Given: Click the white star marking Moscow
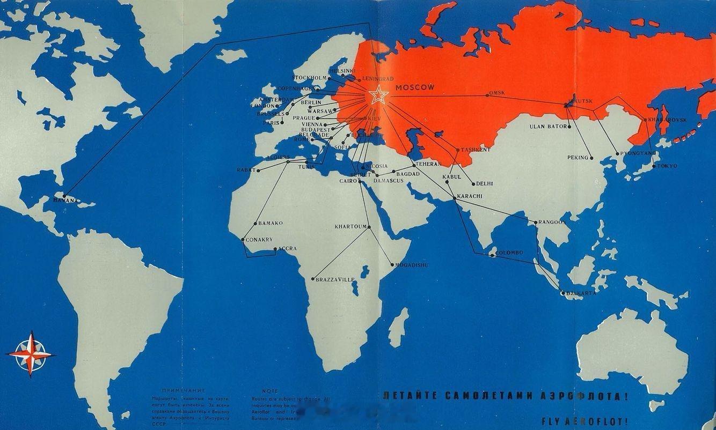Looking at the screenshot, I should click(x=378, y=95).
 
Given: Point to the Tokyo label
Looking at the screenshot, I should click(x=667, y=166).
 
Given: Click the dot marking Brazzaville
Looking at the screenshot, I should click(x=313, y=279).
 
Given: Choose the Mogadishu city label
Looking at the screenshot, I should click(x=412, y=265).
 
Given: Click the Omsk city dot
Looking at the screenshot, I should click(x=488, y=95).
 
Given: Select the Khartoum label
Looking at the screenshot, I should click(x=350, y=227).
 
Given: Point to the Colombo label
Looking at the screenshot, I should click(x=510, y=253).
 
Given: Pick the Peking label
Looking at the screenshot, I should click(x=578, y=158).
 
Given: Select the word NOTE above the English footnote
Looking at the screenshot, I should click(x=269, y=391).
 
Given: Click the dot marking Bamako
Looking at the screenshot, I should click(x=255, y=224).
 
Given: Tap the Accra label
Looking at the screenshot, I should click(x=287, y=249).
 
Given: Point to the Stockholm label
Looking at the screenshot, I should click(x=308, y=78).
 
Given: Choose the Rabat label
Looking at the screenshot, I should click(x=246, y=170).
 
